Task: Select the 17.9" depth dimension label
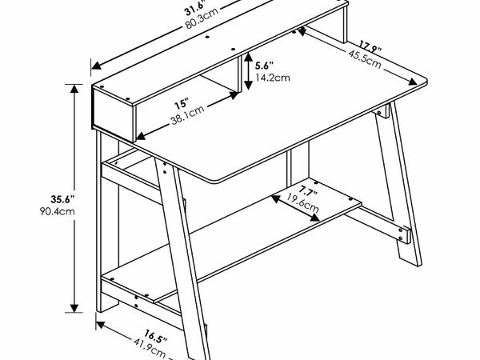coord(369,45)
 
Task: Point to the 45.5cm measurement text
coord(363,60)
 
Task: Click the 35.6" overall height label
coord(40,198)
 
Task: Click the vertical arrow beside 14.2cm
coord(249,72)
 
